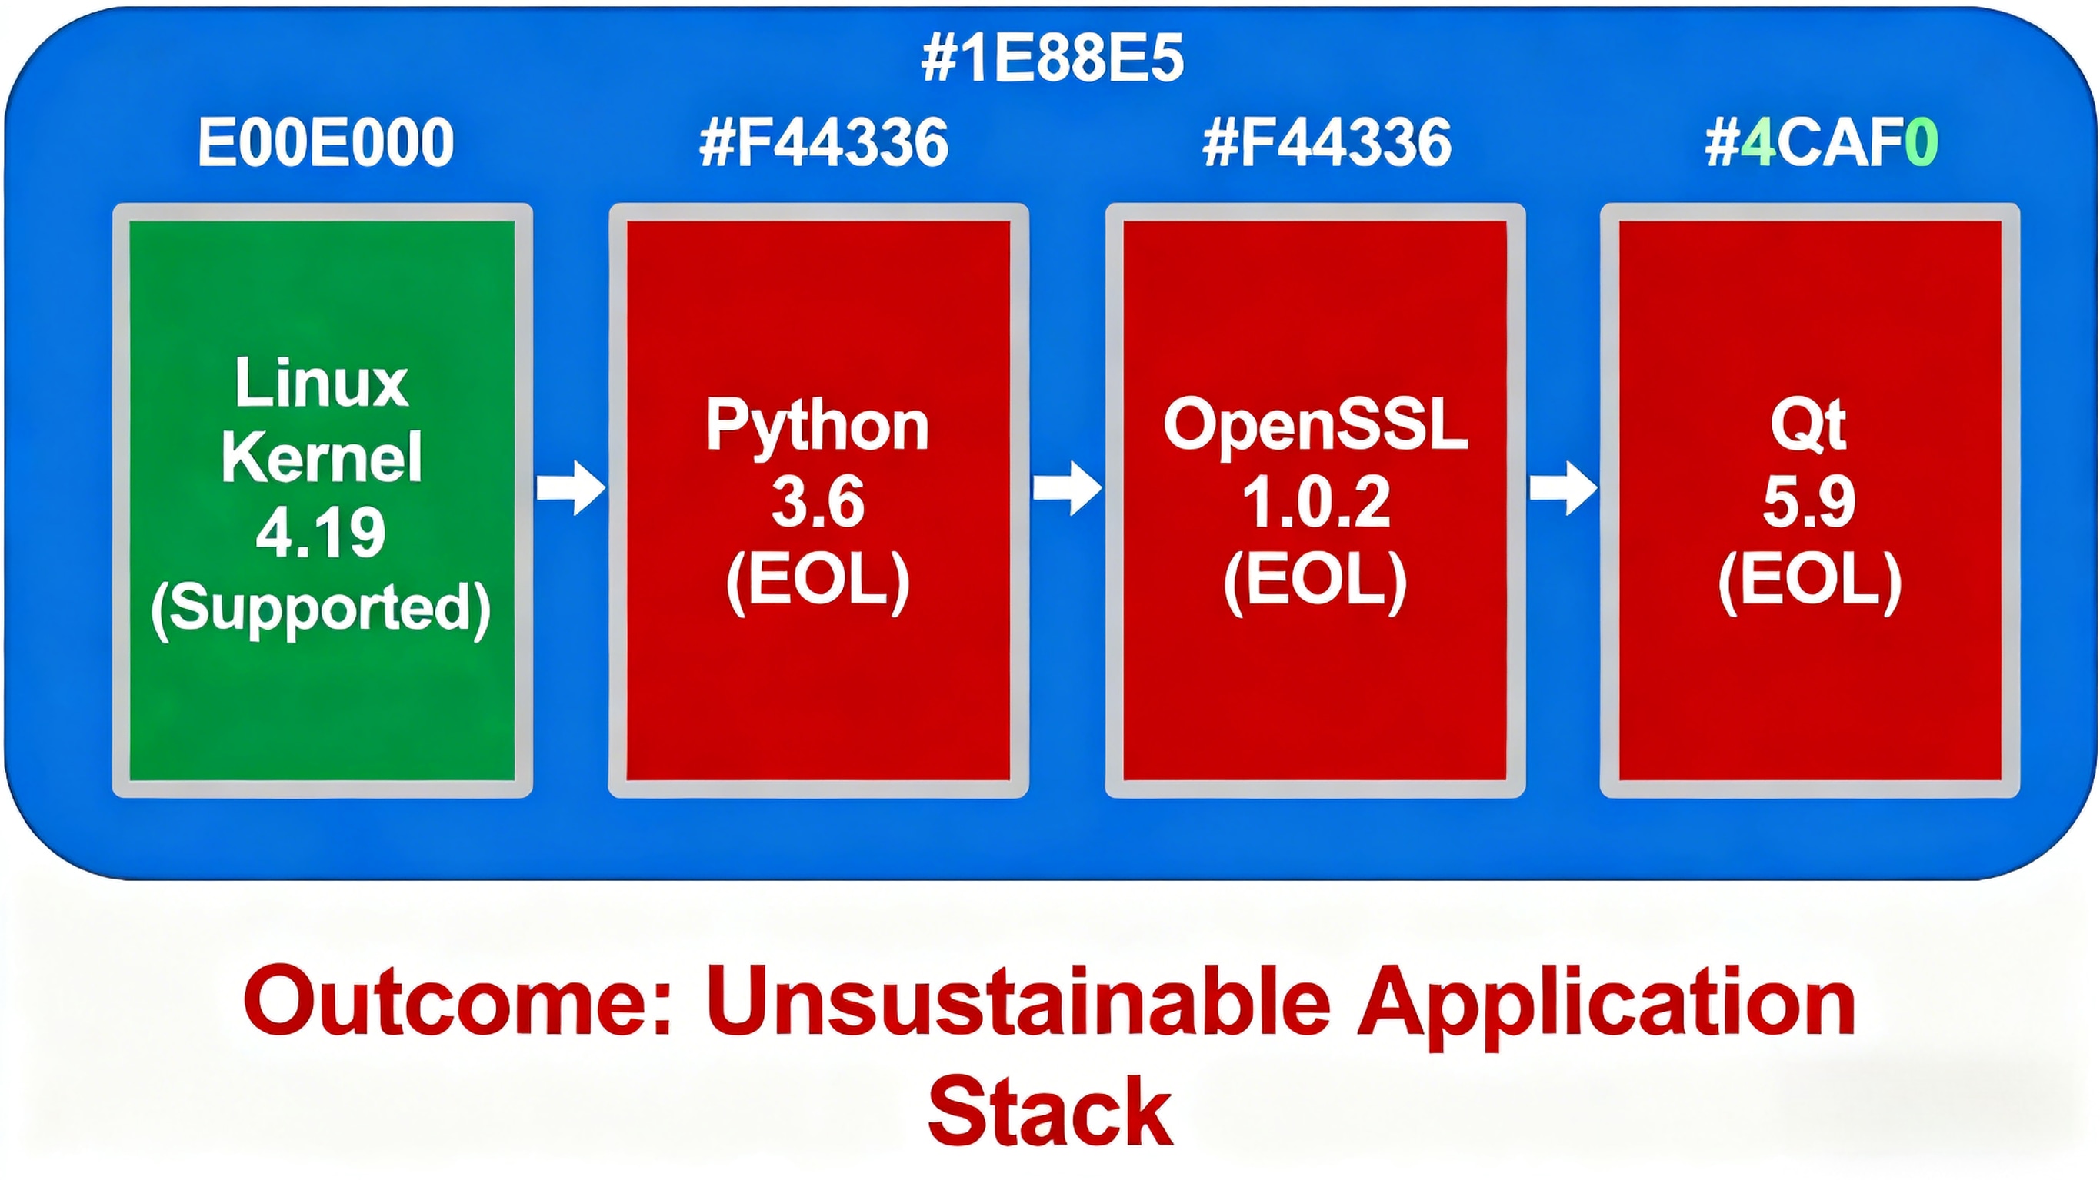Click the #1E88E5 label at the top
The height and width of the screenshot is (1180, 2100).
[x=1052, y=58]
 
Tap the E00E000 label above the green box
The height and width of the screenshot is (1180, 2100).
[x=325, y=143]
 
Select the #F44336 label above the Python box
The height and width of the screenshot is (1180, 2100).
[x=823, y=143]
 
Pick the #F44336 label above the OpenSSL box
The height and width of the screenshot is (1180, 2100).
[x=1326, y=143]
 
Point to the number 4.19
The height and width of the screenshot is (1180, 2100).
[x=320, y=533]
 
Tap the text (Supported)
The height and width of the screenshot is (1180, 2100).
[x=320, y=608]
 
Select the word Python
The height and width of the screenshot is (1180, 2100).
[x=818, y=426]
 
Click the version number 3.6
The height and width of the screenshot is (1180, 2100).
[x=818, y=502]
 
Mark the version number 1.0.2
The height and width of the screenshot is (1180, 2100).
[x=1315, y=502]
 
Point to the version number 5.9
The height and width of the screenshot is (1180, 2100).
[x=1809, y=502]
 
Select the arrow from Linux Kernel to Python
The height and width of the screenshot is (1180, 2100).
[x=571, y=487]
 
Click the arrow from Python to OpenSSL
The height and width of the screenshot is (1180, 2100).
[x=1067, y=487]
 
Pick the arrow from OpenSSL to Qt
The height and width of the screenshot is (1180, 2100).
[x=1562, y=487]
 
